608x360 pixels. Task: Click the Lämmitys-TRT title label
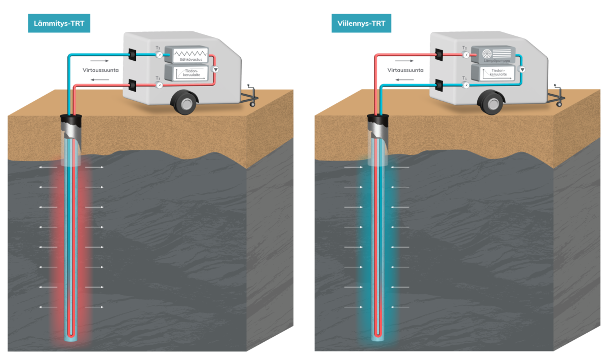click(59, 23)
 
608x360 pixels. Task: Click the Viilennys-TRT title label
click(361, 23)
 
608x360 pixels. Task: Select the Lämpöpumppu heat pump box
click(493, 55)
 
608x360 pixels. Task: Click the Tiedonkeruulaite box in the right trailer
click(493, 72)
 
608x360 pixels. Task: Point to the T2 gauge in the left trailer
click(159, 55)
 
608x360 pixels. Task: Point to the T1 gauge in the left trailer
click(159, 85)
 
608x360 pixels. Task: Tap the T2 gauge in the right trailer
click(466, 55)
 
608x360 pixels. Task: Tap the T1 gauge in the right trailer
click(466, 85)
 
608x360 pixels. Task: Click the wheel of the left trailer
click(184, 103)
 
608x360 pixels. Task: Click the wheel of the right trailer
click(491, 103)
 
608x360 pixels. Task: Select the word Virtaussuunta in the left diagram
click(101, 70)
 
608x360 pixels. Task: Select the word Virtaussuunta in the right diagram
click(405, 70)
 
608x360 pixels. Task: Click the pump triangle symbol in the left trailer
click(215, 69)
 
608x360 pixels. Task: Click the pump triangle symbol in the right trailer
click(522, 69)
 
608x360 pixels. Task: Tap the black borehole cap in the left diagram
click(71, 120)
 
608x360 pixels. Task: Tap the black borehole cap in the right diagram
click(378, 120)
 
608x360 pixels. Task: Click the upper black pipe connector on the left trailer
click(132, 55)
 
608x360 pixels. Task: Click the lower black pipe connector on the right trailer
click(439, 85)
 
